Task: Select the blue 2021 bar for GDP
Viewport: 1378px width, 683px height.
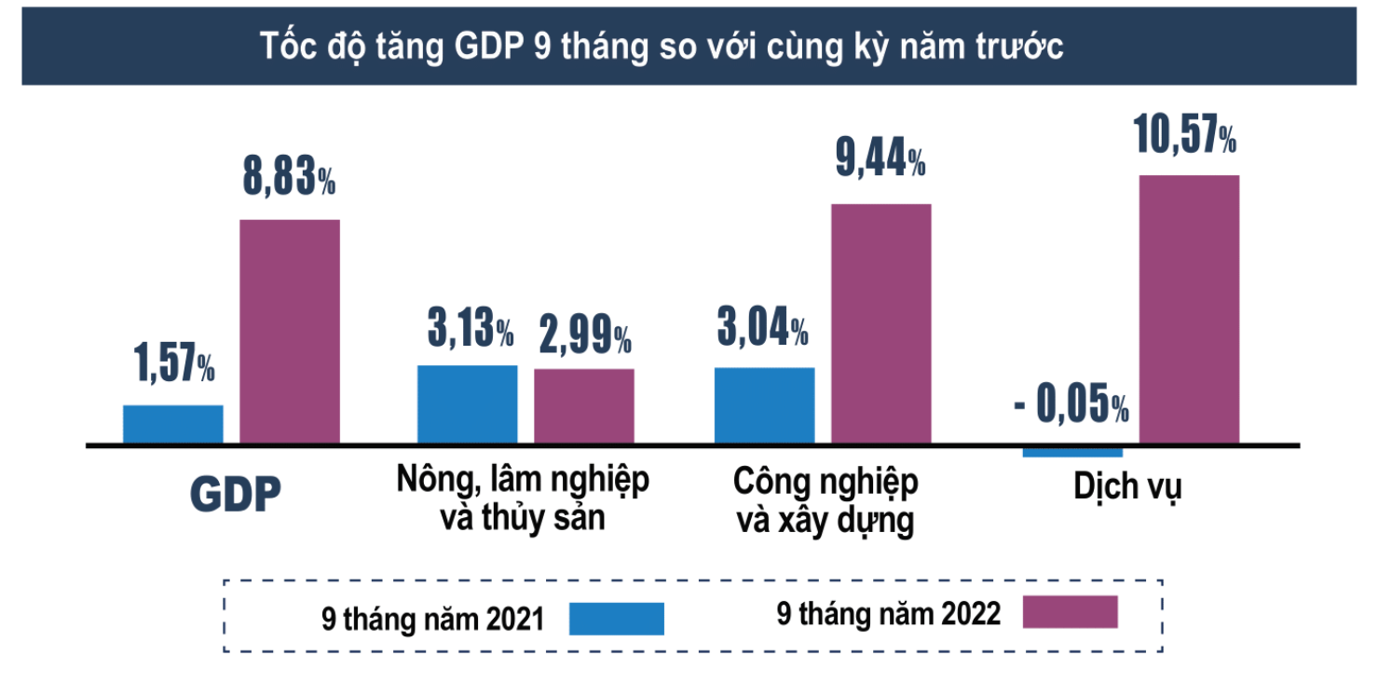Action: click(x=173, y=424)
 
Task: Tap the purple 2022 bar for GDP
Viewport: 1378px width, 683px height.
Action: click(x=290, y=331)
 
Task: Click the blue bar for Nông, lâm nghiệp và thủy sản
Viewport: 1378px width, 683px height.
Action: click(x=467, y=404)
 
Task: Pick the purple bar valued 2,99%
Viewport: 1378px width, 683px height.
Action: click(x=583, y=406)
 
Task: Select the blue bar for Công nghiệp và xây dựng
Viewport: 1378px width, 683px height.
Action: click(x=764, y=405)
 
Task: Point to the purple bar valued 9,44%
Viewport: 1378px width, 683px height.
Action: click(x=880, y=323)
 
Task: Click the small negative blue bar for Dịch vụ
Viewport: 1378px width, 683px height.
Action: click(x=1071, y=452)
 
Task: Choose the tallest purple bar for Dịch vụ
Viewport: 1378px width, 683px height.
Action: click(x=1189, y=308)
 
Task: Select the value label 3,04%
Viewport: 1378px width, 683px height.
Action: click(x=762, y=329)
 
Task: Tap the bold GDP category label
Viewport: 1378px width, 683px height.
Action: click(x=235, y=496)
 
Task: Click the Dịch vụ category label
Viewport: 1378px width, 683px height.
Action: click(x=1126, y=488)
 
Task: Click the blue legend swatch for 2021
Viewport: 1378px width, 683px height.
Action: click(x=617, y=618)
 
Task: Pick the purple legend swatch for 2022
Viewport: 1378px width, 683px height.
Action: click(x=1070, y=612)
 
